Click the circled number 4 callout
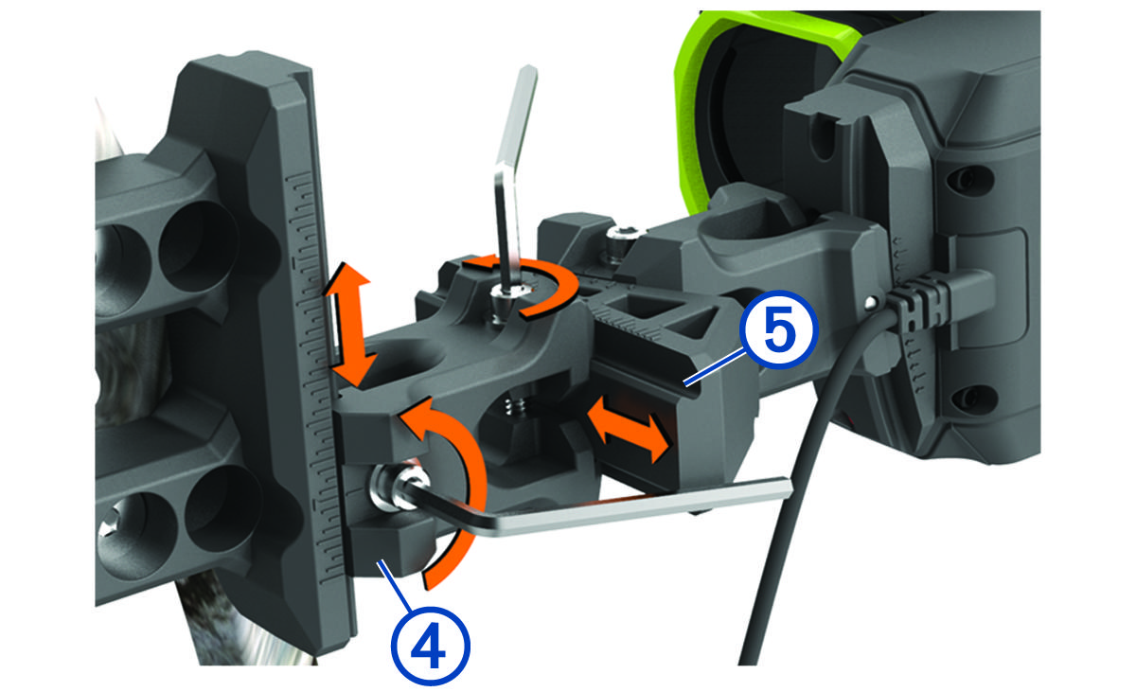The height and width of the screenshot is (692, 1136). [431, 647]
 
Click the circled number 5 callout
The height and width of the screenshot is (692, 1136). [778, 330]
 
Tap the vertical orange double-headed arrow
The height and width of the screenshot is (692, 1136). [350, 324]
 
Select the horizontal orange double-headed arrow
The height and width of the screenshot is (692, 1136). [628, 429]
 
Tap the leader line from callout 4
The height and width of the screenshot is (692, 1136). [398, 587]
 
